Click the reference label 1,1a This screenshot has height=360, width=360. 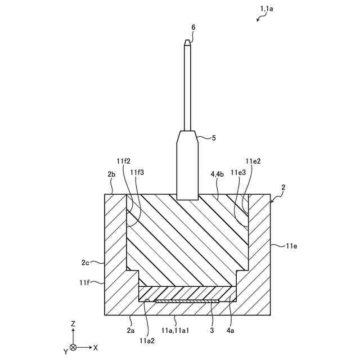click(267, 8)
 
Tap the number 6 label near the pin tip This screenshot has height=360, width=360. click(193, 26)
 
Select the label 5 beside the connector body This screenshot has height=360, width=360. click(214, 137)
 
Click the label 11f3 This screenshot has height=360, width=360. click(137, 173)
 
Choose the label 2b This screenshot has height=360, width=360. click(111, 174)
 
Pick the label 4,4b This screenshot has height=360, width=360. click(218, 174)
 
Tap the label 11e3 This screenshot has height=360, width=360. click(237, 173)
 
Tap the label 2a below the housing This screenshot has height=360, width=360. click(130, 331)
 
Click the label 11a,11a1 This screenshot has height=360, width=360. click(174, 331)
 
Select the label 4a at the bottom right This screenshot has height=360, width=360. click(231, 331)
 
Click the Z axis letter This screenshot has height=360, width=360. click(73, 325)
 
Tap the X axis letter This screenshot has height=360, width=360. click(96, 348)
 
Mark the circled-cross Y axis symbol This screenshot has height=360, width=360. click(73, 348)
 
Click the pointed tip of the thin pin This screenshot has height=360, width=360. click(187, 41)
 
